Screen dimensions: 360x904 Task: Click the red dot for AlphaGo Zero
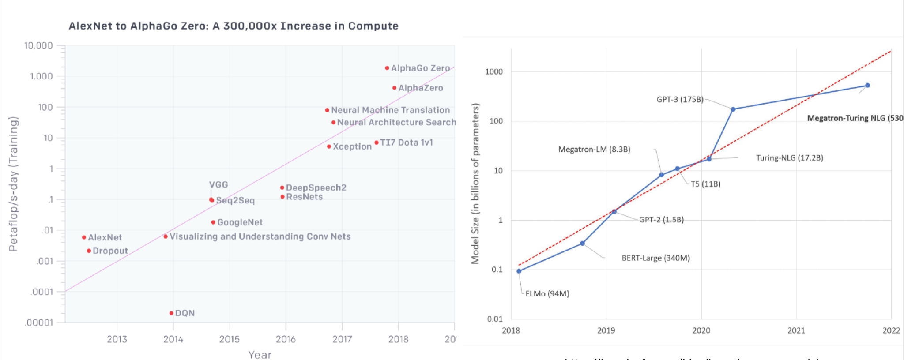(387, 68)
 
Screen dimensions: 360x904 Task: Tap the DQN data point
(171, 313)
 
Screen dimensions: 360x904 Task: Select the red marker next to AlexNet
(84, 237)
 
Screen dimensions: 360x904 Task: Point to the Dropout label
(110, 251)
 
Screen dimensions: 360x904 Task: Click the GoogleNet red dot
(213, 222)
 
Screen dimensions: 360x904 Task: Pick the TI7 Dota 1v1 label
(407, 142)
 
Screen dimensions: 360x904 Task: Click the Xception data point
(329, 146)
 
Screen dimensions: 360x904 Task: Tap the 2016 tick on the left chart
(286, 339)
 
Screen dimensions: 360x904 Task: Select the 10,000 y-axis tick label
(38, 45)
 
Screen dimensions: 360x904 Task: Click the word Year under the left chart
(260, 355)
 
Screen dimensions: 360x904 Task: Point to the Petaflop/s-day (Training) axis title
(14, 184)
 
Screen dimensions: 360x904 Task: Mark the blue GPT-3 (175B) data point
(733, 109)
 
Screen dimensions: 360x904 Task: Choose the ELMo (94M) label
(547, 293)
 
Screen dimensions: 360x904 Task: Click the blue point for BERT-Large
(582, 243)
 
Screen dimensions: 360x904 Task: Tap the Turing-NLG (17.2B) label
(789, 157)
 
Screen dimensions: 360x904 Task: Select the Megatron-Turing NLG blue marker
(867, 86)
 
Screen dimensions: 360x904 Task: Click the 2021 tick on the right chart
(796, 330)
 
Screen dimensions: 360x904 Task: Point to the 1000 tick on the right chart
(494, 71)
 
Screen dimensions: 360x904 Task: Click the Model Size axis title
(475, 184)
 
